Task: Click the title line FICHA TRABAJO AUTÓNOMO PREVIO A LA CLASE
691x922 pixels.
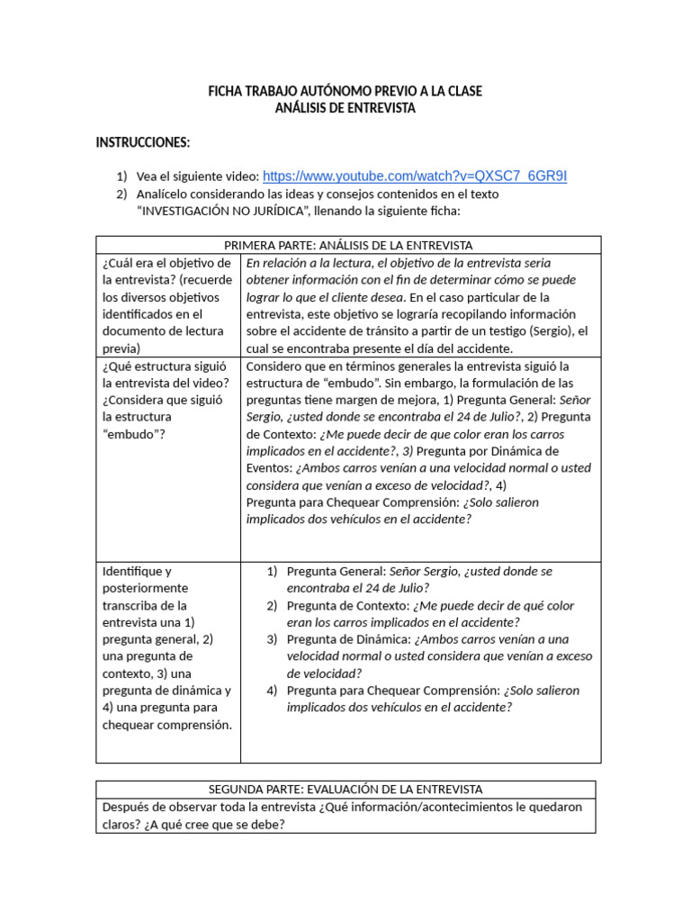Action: coord(345,91)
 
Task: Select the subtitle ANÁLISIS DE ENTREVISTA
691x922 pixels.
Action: coord(345,108)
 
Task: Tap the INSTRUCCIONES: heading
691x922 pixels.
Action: coord(143,142)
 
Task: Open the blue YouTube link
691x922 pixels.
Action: coord(415,176)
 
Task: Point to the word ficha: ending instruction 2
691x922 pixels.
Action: coord(444,211)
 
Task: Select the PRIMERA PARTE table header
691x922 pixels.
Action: coord(348,245)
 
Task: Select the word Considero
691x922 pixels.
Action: coord(274,366)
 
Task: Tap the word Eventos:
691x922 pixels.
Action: coord(267,468)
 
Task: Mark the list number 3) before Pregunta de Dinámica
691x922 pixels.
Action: coord(272,639)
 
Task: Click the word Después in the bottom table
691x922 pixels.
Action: coord(127,807)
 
